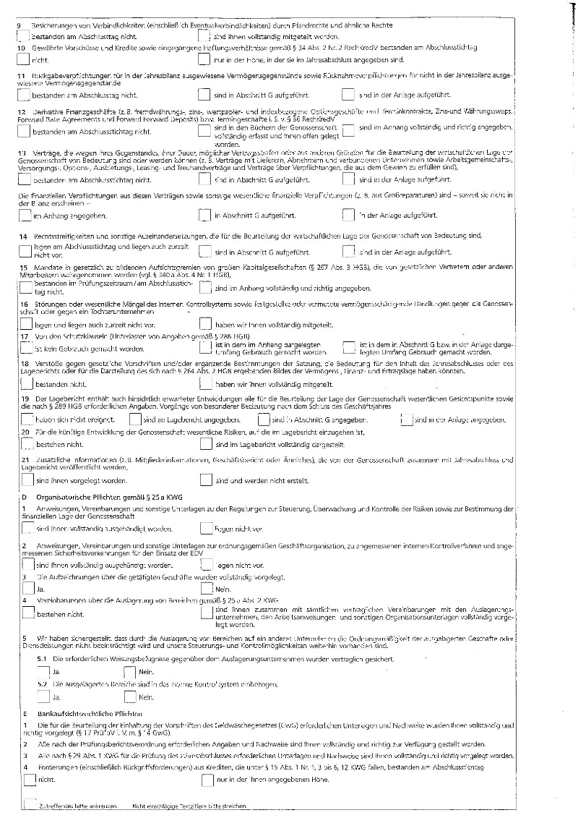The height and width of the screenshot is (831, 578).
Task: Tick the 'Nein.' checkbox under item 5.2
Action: click(x=130, y=697)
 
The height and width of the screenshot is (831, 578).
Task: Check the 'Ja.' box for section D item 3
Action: click(x=28, y=589)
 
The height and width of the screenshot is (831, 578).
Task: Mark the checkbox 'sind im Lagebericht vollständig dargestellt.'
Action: click(x=205, y=443)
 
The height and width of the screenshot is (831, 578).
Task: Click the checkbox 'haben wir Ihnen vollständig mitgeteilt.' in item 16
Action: click(x=205, y=325)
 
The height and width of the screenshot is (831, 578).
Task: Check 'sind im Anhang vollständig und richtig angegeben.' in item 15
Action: click(x=205, y=288)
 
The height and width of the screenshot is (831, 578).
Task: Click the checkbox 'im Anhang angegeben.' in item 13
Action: click(x=27, y=215)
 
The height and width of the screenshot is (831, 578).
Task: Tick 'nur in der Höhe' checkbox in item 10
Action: click(x=205, y=59)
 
